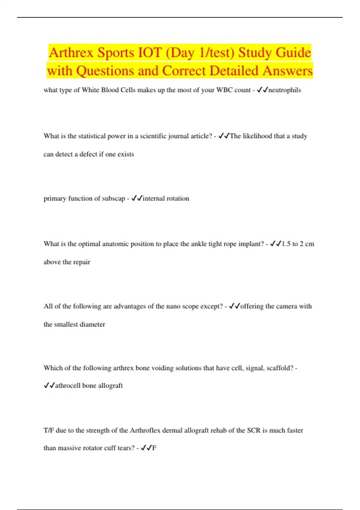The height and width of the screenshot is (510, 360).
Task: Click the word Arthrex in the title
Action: (71, 53)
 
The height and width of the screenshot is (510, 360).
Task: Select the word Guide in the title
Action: (293, 53)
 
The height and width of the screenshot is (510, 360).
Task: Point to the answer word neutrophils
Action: (284, 90)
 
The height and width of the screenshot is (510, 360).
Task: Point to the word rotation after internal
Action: (178, 199)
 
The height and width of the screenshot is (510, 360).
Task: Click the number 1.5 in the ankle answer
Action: (286, 244)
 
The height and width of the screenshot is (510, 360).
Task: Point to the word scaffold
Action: (279, 368)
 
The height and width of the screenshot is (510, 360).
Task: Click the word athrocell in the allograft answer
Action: (67, 385)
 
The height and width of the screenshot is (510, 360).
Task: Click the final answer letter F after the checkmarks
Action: (154, 448)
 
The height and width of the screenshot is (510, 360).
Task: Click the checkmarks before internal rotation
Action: (137, 198)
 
